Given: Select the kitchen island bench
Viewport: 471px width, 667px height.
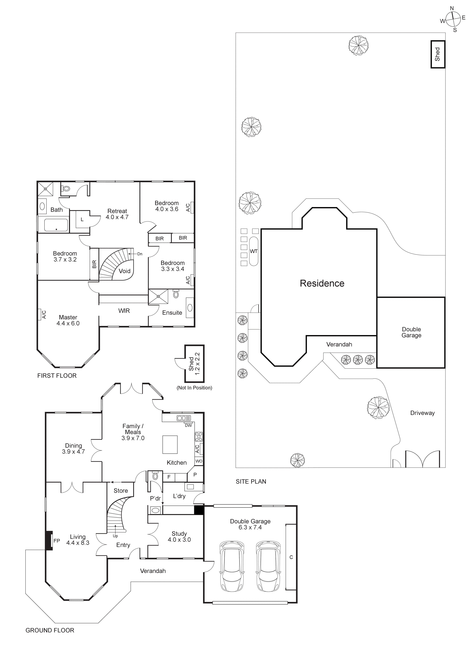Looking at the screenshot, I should tap(170, 444).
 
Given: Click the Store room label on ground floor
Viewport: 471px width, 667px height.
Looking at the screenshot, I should tap(121, 491).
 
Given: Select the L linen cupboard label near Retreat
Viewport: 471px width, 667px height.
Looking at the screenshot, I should tap(82, 220).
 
